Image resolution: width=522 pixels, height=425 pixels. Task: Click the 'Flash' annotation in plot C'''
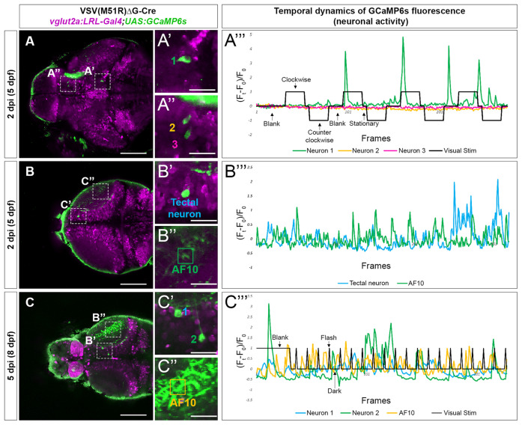(329, 337)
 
